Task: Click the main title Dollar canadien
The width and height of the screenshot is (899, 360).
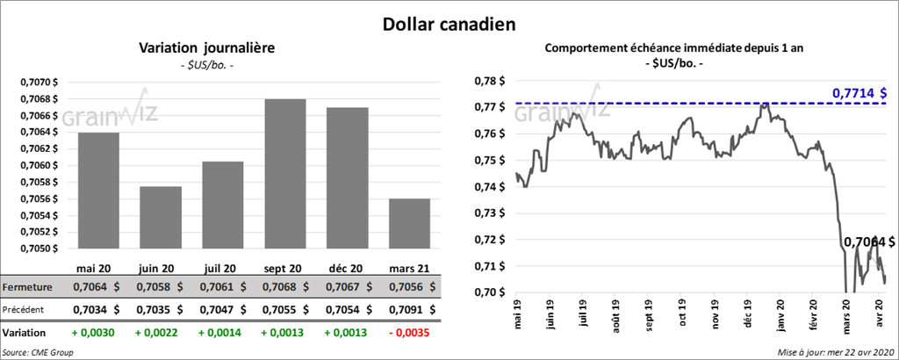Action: (449, 23)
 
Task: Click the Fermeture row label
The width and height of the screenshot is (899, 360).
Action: (27, 286)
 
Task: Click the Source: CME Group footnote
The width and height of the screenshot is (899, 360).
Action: (37, 352)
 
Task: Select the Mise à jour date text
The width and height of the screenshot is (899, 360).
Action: (835, 352)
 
